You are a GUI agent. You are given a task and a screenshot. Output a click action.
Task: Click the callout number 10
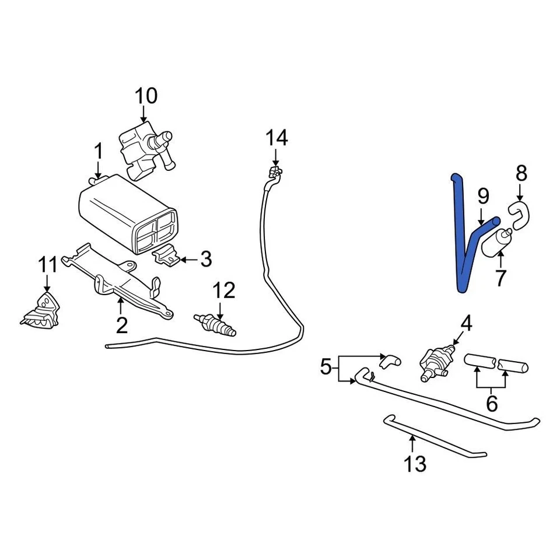pos(146,96)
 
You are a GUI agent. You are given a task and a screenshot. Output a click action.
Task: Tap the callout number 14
pos(276,139)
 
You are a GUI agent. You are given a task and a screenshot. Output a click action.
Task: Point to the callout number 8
pos(521,173)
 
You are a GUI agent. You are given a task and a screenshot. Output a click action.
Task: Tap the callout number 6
pos(491,403)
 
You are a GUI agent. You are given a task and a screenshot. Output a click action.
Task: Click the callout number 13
pos(416,464)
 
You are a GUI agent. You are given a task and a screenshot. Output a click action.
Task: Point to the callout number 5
pos(326,367)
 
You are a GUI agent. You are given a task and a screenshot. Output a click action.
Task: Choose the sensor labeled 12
pos(216,324)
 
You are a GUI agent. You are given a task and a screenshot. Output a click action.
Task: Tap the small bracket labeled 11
pos(42,310)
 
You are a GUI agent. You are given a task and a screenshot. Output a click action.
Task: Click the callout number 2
pos(121,325)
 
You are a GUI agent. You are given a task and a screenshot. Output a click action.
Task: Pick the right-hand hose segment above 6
pos(513,367)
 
